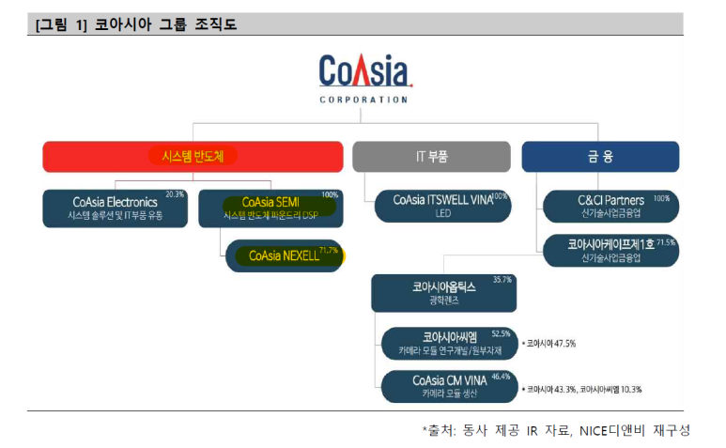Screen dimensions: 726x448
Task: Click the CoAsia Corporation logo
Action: pyautogui.click(x=363, y=78)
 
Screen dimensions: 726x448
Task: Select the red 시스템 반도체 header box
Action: pyautogui.click(x=193, y=157)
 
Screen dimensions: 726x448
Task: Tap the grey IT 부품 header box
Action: pyautogui.click(x=430, y=157)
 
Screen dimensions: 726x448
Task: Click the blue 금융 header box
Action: pyautogui.click(x=600, y=157)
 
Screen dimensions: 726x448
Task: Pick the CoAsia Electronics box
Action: pyautogui.click(x=116, y=208)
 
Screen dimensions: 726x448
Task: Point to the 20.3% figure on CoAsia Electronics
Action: pyautogui.click(x=175, y=195)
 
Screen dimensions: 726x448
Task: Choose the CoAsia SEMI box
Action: pyautogui.click(x=270, y=208)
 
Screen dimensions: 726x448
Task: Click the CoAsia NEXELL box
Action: pyautogui.click(x=285, y=255)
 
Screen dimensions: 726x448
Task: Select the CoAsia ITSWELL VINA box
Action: pyautogui.click(x=441, y=207)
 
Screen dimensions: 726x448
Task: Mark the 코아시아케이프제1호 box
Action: pyautogui.click(x=610, y=251)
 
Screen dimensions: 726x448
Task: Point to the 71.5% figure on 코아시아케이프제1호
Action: pyautogui.click(x=666, y=242)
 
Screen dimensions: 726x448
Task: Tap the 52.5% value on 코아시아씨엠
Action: pyautogui.click(x=501, y=332)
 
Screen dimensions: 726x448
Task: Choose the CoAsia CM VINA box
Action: pyautogui.click(x=450, y=386)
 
